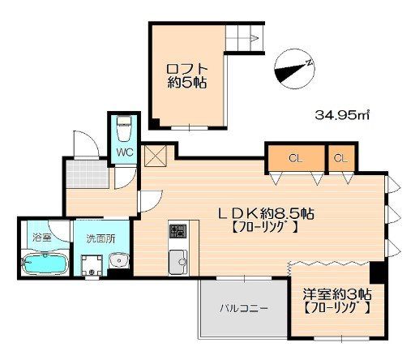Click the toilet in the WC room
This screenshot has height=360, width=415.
[124, 128]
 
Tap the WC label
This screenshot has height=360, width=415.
[125, 152]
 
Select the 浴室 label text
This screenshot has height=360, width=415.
[41, 238]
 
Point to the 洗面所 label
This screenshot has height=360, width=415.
[101, 238]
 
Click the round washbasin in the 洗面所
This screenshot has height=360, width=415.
[119, 261]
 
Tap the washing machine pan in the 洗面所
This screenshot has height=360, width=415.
[92, 266]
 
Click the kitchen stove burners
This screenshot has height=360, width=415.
[178, 231]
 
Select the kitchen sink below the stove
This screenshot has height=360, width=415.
[178, 262]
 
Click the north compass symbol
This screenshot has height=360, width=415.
[294, 69]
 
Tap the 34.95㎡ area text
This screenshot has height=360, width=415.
[342, 116]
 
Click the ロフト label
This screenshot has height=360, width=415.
[187, 69]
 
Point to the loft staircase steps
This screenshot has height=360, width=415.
[243, 38]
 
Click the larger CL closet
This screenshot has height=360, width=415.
[296, 158]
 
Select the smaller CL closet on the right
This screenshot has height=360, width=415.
[341, 158]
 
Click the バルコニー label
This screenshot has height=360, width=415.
[243, 308]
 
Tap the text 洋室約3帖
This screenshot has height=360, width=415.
[337, 294]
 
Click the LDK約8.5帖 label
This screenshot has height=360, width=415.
[266, 214]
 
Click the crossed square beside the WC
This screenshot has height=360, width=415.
[156, 156]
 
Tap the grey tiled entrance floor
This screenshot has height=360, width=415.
[88, 174]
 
